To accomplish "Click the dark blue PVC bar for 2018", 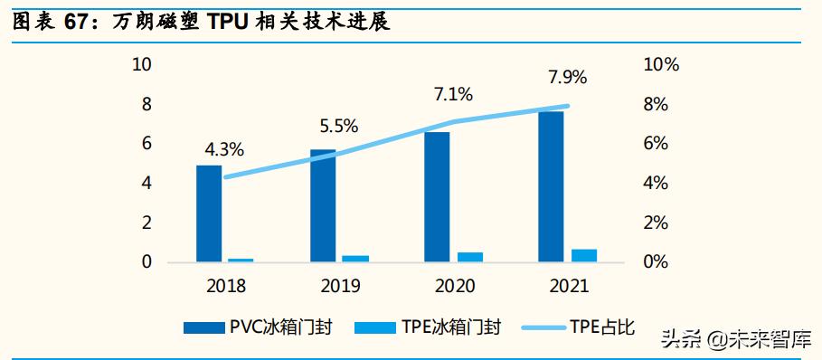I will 209,213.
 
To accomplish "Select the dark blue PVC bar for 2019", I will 323,205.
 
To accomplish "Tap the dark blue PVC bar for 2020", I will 437,197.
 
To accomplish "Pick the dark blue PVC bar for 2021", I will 551,186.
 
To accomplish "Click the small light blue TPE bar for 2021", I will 583,255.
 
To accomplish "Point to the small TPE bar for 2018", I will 241,260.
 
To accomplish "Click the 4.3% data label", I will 223,149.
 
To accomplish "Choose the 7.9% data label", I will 567,77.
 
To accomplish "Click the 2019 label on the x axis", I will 339,286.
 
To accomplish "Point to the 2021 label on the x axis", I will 568,286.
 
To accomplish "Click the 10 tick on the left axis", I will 142,65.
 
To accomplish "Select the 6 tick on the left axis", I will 146,144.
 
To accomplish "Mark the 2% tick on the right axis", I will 655,223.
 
